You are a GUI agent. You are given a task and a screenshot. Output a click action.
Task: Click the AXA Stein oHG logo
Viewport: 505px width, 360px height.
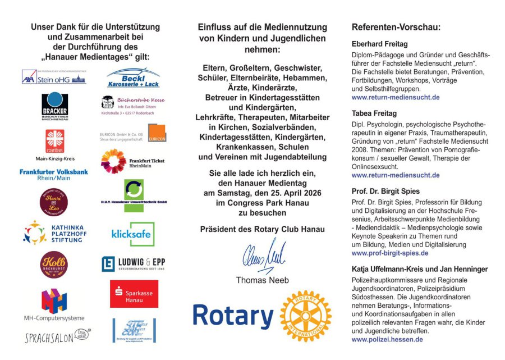coord(54,78)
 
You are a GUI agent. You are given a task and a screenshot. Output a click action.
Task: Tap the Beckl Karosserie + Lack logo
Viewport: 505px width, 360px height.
coord(133,78)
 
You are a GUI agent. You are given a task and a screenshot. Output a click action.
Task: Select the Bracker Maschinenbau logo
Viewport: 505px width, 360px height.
coord(54,105)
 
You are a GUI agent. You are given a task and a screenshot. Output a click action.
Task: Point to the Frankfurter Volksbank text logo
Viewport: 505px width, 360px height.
coord(54,175)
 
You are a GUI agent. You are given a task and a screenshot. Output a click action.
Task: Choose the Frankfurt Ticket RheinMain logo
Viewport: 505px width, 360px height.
coord(132,161)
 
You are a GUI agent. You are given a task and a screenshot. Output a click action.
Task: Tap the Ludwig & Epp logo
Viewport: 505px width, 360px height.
coord(133,263)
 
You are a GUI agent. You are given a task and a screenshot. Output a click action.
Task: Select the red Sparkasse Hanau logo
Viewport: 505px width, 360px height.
coord(134,294)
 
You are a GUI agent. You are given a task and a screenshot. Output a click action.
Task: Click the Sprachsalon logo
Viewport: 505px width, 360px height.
coord(57,336)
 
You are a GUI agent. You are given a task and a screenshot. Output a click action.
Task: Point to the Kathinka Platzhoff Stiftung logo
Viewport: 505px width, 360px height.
coord(54,233)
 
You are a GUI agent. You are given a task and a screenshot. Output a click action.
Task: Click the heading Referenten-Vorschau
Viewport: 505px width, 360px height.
coord(396,28)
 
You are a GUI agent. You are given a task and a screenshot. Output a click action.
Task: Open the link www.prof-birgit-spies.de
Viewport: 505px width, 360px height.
coord(389,253)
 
